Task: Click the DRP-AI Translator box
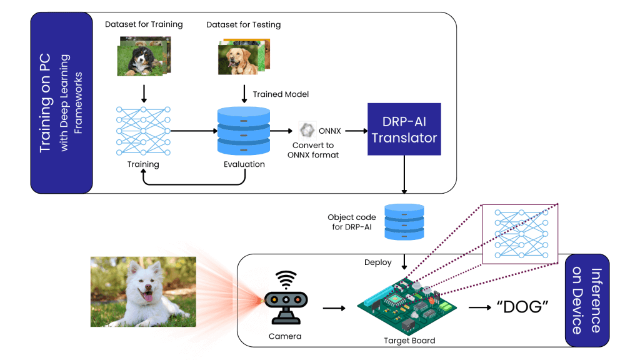(404, 129)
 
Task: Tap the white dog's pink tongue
(148, 296)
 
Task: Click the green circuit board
(407, 305)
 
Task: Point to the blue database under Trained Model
(244, 131)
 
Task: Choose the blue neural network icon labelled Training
(143, 131)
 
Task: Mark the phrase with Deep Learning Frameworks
(71, 103)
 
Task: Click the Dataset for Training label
(144, 24)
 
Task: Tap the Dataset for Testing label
(243, 24)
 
